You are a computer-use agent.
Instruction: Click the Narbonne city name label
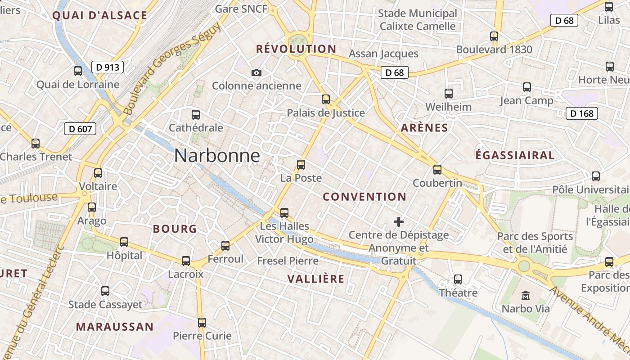(x=217, y=156)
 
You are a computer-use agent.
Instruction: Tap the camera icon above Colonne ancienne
(x=256, y=72)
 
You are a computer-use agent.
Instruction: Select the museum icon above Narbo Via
(x=526, y=296)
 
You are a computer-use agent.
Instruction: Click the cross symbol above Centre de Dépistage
(x=399, y=222)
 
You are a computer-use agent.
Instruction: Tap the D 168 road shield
(x=582, y=113)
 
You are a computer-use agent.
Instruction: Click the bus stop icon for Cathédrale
(x=196, y=114)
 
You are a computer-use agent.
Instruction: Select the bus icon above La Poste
(x=301, y=165)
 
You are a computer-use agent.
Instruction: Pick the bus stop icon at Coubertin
(x=437, y=170)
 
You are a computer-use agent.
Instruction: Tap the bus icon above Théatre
(x=458, y=279)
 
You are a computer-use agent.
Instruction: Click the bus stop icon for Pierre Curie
(x=202, y=322)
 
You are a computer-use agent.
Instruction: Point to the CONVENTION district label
(x=364, y=197)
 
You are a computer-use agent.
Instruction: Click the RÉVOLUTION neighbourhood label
(x=296, y=49)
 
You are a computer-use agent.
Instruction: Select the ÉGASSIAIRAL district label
(x=515, y=155)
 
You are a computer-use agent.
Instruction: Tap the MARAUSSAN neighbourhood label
(x=114, y=327)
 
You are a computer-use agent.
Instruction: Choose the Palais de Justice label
(x=326, y=113)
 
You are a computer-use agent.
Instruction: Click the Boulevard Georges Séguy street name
(x=173, y=67)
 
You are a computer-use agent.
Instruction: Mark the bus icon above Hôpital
(x=124, y=242)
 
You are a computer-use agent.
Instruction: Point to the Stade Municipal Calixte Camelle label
(x=418, y=20)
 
